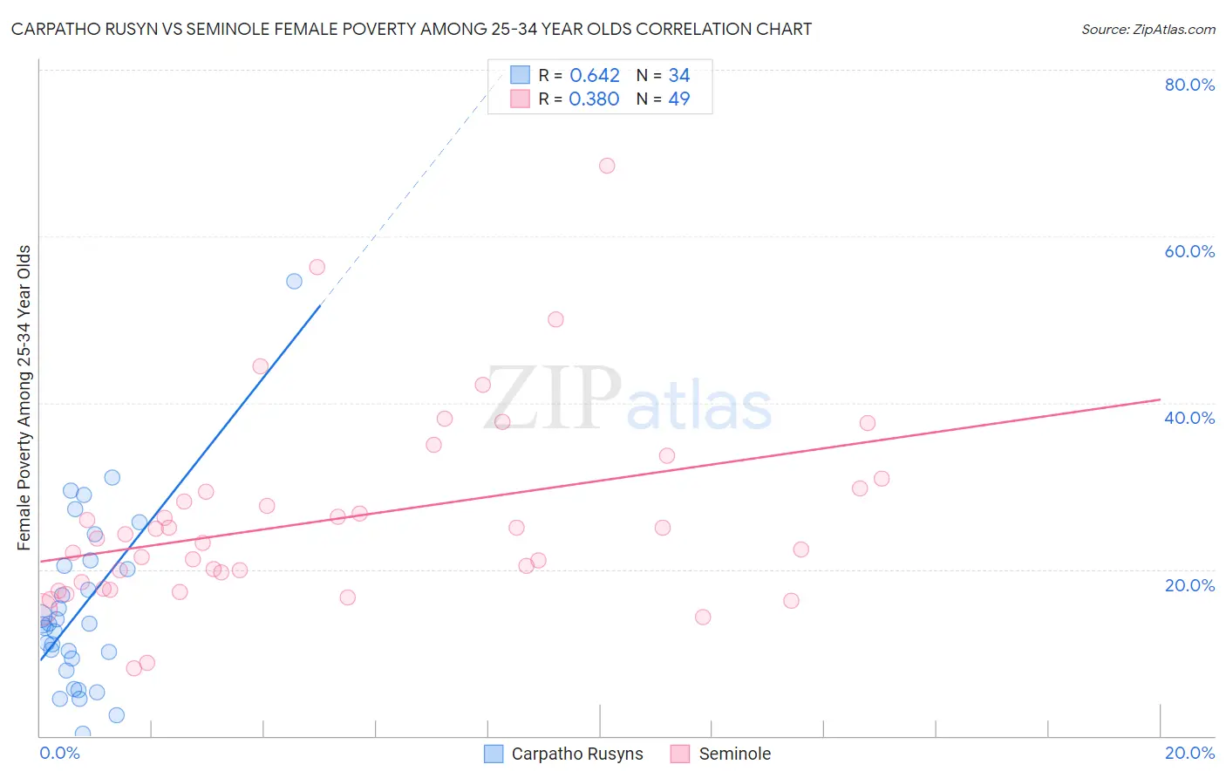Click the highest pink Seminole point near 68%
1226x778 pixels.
click(607, 166)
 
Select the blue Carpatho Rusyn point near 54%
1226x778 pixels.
click(294, 281)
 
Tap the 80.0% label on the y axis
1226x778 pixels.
click(1189, 85)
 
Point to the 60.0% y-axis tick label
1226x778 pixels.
click(1189, 251)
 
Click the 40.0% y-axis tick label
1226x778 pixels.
click(1189, 418)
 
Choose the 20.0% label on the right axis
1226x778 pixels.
click(1189, 585)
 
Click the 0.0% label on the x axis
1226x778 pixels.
click(59, 753)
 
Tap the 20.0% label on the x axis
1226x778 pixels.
click(1189, 753)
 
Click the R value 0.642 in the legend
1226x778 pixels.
click(594, 76)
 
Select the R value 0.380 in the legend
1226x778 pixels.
click(594, 99)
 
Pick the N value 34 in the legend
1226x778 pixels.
click(678, 76)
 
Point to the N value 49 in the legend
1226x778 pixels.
click(678, 99)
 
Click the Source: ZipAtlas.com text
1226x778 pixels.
click(1148, 30)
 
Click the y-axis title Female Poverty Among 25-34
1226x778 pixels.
click(24, 398)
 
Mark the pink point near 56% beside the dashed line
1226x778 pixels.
click(317, 267)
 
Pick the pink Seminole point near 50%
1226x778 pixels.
click(555, 319)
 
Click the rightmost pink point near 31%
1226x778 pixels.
click(882, 479)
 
